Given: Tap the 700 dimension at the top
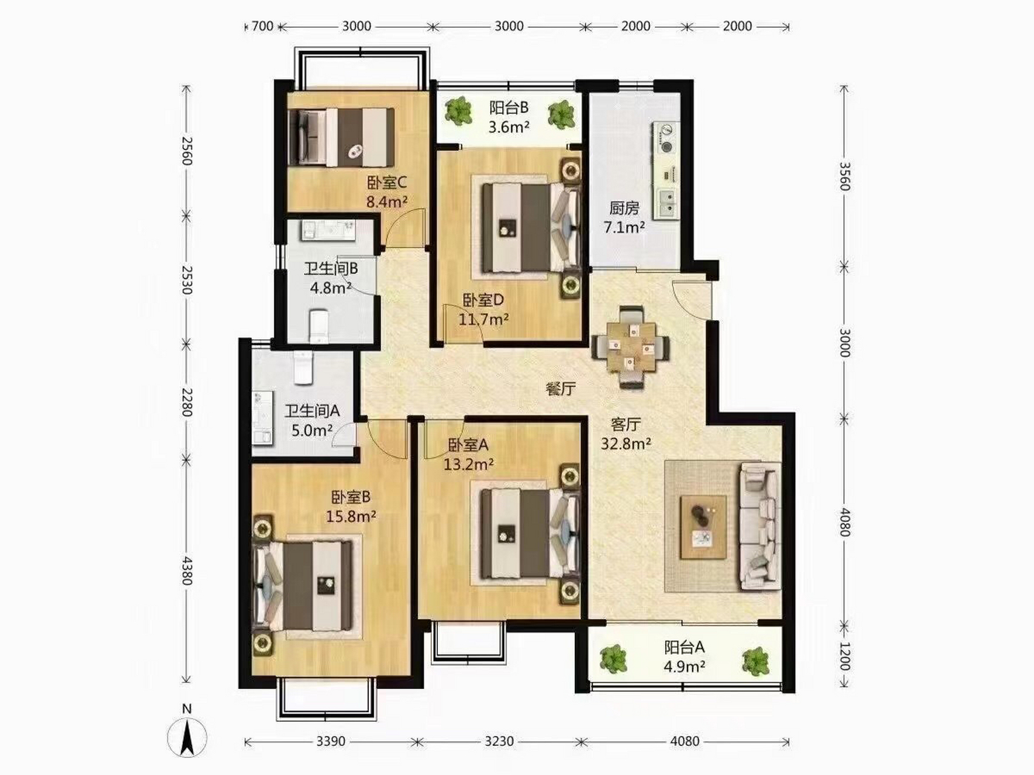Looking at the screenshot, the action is click(262, 26).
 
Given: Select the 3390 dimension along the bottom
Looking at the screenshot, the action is click(331, 741).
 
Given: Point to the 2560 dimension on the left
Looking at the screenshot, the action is click(187, 150).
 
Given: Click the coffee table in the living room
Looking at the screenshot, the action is click(703, 527).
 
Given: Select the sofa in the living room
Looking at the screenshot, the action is click(760, 526).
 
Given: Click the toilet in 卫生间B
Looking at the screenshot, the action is click(319, 326).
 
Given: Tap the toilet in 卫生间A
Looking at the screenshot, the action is click(303, 367).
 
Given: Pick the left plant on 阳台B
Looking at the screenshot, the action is click(458, 111).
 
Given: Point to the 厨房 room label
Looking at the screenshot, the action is click(624, 208).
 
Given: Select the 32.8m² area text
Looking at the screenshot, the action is click(626, 444).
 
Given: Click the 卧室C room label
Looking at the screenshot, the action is click(386, 182).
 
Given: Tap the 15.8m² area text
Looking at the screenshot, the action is click(351, 516).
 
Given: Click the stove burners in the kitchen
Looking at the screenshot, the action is click(667, 139).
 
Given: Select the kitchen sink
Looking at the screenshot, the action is click(667, 202).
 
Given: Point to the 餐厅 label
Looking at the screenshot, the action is click(560, 389).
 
